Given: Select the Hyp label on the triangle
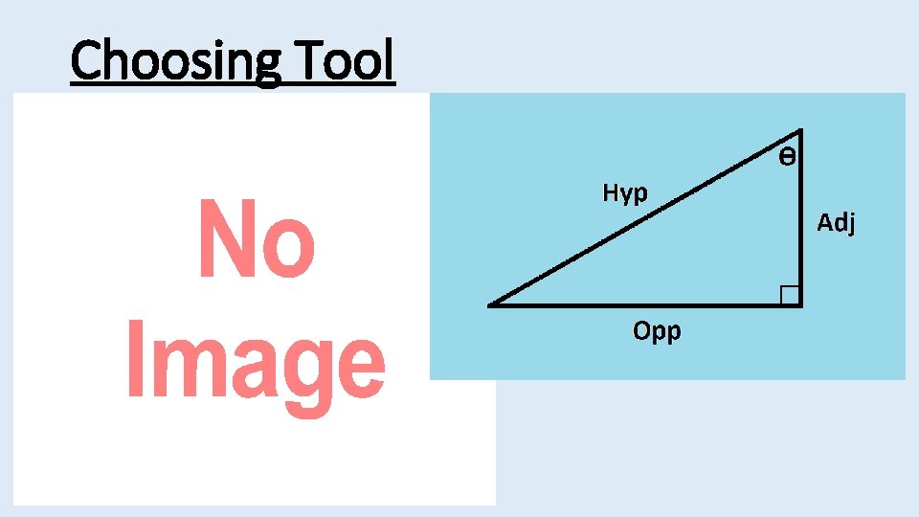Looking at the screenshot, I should tap(625, 193).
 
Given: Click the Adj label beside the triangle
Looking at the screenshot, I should tap(836, 224).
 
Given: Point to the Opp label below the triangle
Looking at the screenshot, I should tap(657, 332).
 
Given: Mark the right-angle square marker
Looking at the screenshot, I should tap(790, 295).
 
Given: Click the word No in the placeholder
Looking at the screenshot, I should tap(256, 239).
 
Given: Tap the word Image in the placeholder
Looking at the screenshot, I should tap(256, 365).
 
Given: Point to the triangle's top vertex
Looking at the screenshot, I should tap(800, 130).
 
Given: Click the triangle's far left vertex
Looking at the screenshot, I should tap(489, 305).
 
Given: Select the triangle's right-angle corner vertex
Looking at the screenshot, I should tap(800, 305).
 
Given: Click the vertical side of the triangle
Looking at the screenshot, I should tap(800, 220).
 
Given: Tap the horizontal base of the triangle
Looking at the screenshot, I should tap(641, 305).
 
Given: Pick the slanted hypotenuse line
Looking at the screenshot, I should tap(641, 219).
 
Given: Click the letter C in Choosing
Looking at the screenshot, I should tap(86, 60).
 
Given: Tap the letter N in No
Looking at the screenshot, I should tap(226, 239).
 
